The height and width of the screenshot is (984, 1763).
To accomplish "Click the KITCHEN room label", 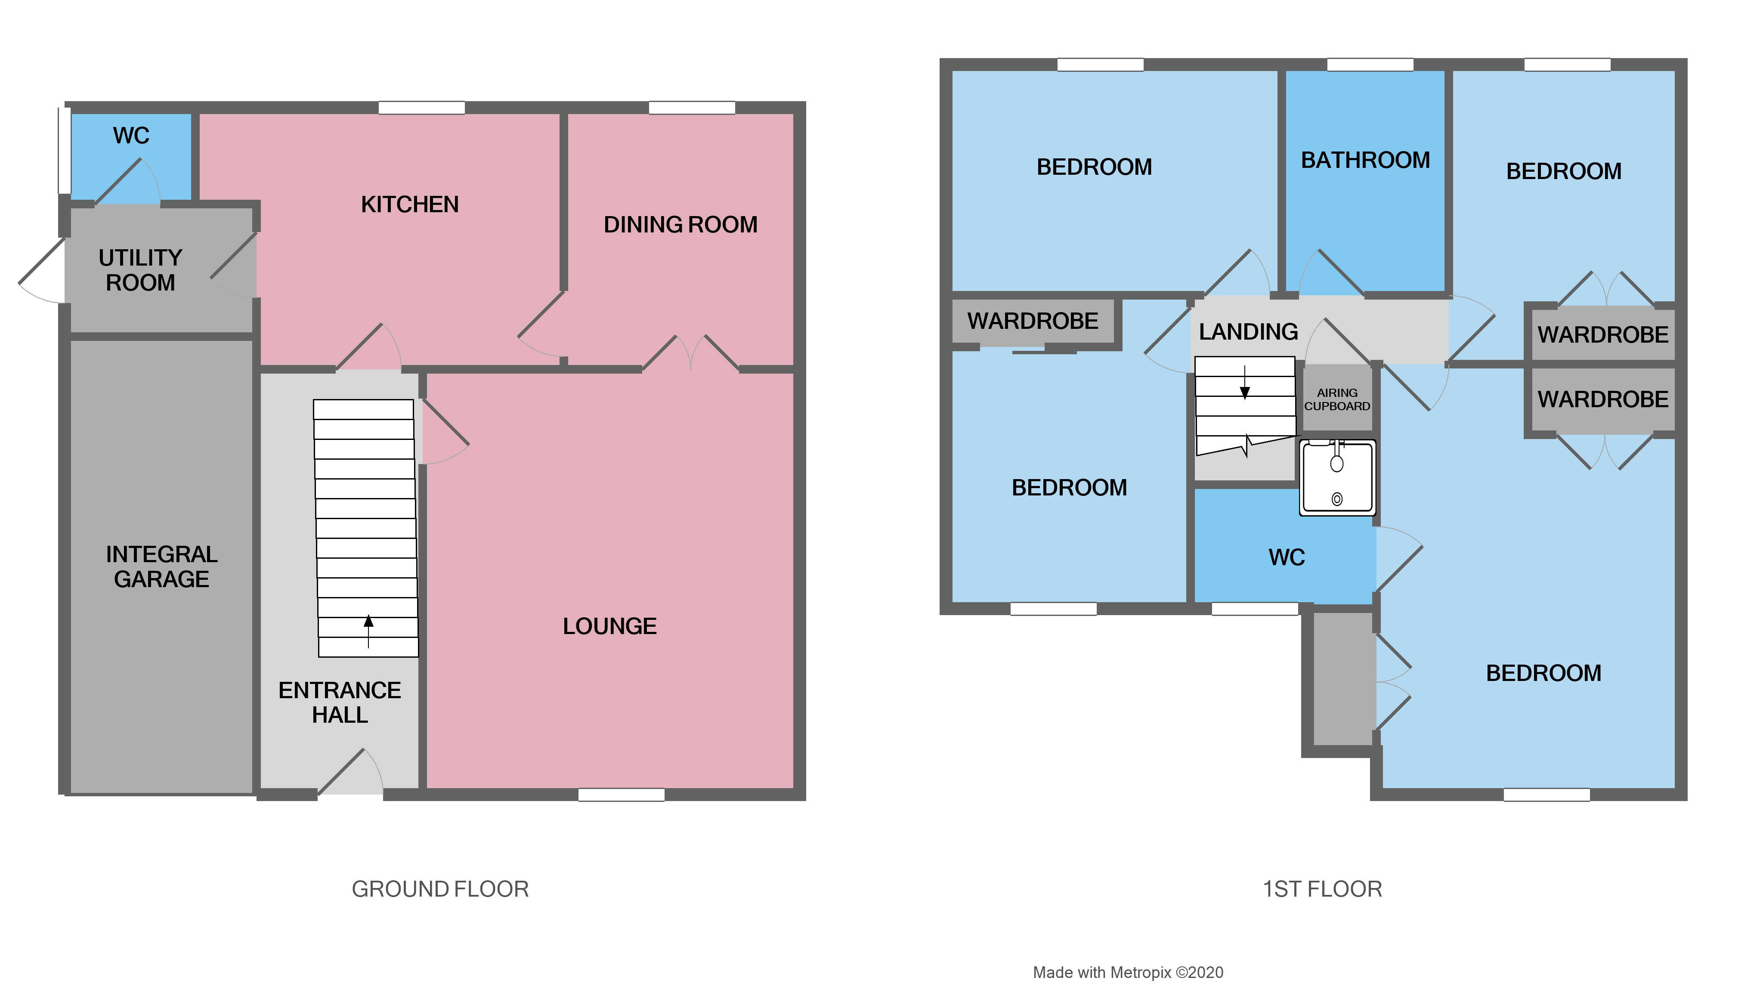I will tap(409, 204).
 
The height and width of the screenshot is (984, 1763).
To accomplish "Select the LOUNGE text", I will tap(609, 626).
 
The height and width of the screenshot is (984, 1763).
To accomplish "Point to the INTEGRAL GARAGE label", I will tap(161, 566).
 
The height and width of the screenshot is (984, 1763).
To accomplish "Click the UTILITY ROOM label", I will tap(140, 269).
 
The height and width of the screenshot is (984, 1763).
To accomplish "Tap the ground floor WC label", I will tap(131, 136).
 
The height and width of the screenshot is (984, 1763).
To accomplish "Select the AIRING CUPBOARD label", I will tap(1336, 399).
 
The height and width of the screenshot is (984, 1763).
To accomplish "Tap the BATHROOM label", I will tap(1365, 160).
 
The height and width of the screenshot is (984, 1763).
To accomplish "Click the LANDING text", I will tap(1248, 332).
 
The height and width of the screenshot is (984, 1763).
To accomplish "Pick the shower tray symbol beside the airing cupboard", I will tap(1336, 477).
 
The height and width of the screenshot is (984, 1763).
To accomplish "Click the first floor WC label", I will tap(1286, 558).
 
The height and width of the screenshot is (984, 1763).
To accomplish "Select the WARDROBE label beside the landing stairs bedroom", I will tap(1032, 321).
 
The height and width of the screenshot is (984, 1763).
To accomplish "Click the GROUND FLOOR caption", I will tap(439, 889).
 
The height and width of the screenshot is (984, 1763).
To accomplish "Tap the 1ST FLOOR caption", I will tap(1321, 889).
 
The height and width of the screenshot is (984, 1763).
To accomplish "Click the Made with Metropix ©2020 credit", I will tap(1127, 972).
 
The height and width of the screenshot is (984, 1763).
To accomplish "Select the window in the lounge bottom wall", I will tap(621, 795).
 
